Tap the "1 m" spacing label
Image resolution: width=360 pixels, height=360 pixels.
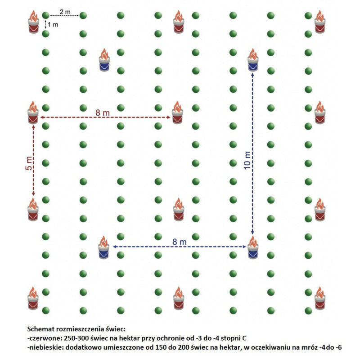53,25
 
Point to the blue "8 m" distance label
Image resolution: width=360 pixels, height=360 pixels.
180,242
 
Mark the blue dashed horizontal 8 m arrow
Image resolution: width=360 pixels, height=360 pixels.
180,247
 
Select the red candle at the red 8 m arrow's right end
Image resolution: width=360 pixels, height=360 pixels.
178,113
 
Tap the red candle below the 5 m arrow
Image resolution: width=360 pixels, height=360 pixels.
33,210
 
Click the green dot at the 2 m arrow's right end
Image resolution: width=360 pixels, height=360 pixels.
83,16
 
